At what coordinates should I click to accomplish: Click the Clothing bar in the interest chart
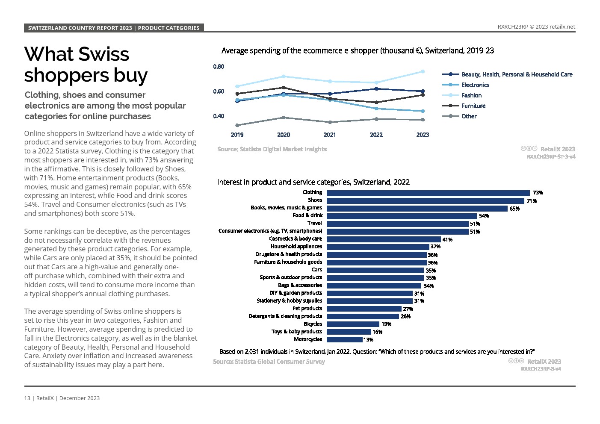tap(428, 193)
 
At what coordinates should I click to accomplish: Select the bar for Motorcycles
tap(345, 339)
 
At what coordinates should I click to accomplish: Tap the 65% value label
tap(514, 209)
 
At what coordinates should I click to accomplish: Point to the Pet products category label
tap(307, 309)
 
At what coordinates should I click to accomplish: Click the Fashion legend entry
tap(471, 95)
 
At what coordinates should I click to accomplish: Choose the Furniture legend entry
tap(473, 106)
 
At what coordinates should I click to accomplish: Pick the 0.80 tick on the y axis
tap(219, 67)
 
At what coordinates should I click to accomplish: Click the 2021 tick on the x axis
tap(330, 135)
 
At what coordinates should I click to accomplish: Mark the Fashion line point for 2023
tap(423, 71)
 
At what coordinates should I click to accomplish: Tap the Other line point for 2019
tap(237, 125)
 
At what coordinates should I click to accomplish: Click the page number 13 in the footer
tap(27, 398)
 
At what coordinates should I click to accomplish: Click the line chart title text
tap(358, 51)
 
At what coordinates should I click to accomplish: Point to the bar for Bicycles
tap(353, 324)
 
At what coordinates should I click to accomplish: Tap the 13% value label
tap(368, 340)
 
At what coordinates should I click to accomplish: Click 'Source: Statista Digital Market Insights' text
tap(272, 149)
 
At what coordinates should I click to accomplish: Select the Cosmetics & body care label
tap(296, 239)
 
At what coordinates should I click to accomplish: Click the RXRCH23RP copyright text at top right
tap(536, 26)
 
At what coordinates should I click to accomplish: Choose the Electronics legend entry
tap(475, 85)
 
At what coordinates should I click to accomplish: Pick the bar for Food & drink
tap(402, 216)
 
